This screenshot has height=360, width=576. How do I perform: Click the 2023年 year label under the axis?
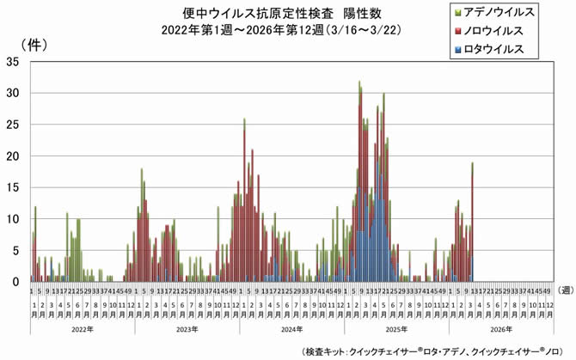coord(187,328)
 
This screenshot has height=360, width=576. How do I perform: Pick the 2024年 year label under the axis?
coord(291,328)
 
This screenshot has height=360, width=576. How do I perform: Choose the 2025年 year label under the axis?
coord(395,328)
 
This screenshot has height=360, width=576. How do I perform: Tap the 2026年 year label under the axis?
coord(499,328)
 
